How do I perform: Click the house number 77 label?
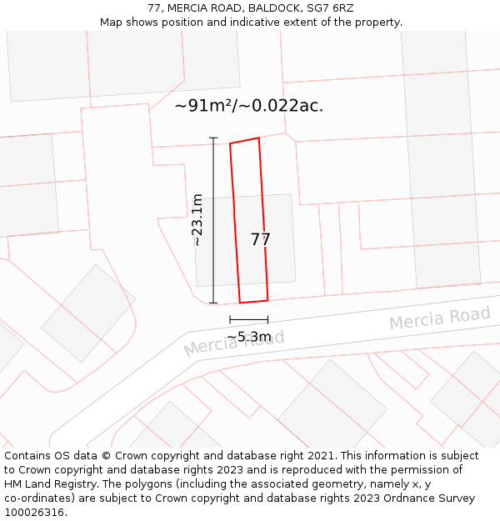(261, 240)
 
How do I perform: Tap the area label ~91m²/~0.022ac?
(248, 106)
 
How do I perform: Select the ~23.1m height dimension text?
(197, 220)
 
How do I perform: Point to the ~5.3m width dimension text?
(249, 337)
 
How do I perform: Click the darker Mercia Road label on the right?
(439, 318)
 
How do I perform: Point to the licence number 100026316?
(36, 513)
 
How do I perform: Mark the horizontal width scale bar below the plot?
(249, 319)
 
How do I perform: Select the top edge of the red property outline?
(244, 141)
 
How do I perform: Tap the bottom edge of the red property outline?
(254, 301)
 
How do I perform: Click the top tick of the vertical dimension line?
(213, 138)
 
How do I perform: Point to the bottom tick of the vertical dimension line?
(213, 303)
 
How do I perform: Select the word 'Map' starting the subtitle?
(112, 23)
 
